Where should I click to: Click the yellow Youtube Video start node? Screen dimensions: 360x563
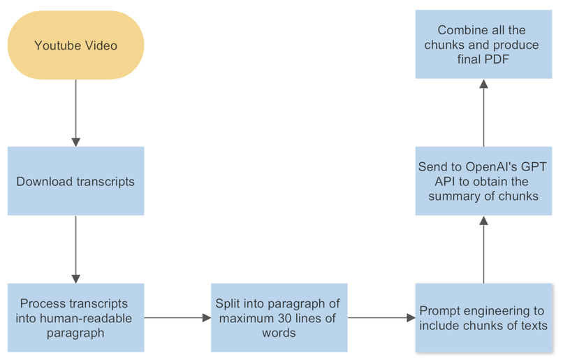(75, 45)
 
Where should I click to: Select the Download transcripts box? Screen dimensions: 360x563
(75, 181)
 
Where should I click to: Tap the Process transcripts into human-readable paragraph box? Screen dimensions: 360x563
(75, 318)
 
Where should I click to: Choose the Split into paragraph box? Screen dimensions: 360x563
(279, 318)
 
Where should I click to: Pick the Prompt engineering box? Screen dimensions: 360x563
(483, 318)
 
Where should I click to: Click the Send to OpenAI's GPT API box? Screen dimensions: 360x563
(483, 181)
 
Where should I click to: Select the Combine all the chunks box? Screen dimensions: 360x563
(483, 45)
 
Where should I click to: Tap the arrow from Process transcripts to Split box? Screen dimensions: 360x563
(177, 318)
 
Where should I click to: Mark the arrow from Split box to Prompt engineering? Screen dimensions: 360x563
(381, 318)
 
